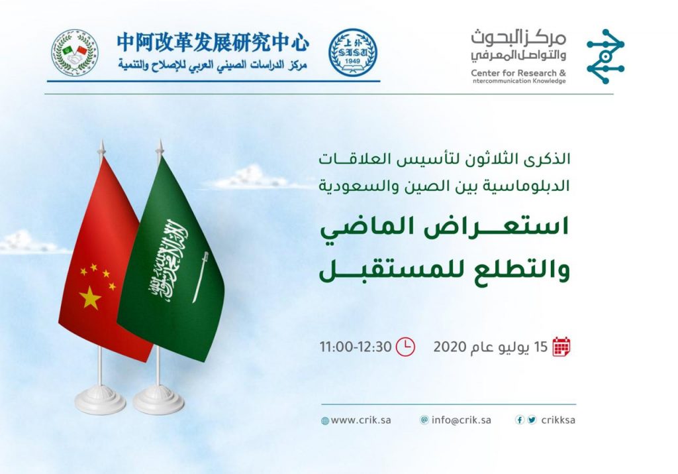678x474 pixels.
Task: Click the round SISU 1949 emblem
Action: click(353, 52)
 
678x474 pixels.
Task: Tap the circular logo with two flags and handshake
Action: click(75, 52)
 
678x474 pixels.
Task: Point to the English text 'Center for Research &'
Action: click(518, 72)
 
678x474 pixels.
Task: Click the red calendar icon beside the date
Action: click(561, 346)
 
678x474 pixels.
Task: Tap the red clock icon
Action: click(405, 346)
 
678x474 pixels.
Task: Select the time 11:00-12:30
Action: click(356, 347)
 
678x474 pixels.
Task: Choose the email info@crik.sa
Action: click(462, 420)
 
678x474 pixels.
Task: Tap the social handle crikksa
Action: click(557, 420)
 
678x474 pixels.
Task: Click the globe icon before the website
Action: click(325, 421)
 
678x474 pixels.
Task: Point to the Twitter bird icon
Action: click(532, 420)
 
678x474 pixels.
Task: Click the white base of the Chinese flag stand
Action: click(100, 400)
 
